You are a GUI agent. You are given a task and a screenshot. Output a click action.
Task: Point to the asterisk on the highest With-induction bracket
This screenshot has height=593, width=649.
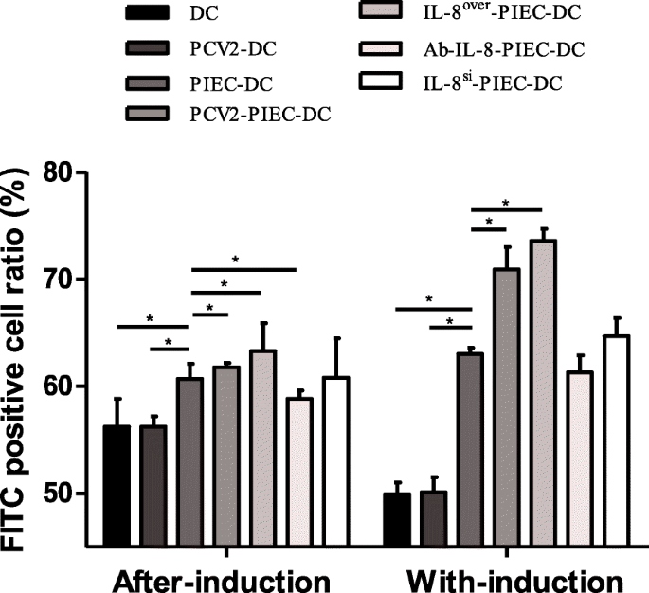(506, 203)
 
